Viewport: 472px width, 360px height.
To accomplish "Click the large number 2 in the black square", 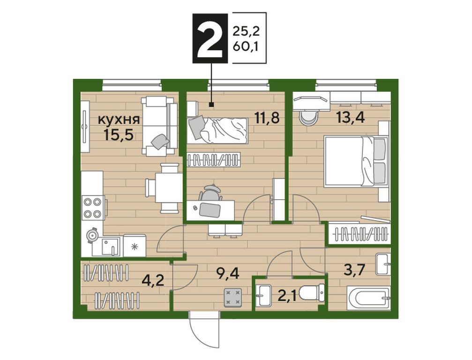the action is [x=210, y=38].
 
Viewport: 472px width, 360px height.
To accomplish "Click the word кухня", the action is [x=119, y=120].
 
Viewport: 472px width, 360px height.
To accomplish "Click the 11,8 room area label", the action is [x=267, y=118].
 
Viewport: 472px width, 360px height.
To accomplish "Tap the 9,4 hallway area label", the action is [x=228, y=274].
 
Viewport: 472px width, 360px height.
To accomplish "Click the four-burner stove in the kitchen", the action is [x=93, y=207].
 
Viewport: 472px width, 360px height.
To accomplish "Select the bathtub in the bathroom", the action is [x=369, y=299].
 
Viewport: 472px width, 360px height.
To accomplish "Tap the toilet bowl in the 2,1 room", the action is [x=313, y=292].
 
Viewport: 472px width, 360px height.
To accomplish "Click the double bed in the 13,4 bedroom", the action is [x=355, y=161].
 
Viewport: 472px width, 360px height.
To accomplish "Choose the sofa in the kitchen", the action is [x=159, y=126].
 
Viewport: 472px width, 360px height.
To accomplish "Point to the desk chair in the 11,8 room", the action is [x=211, y=192].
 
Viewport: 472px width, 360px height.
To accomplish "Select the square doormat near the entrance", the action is [x=233, y=297].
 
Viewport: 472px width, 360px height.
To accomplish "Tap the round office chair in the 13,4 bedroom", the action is [x=309, y=117].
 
